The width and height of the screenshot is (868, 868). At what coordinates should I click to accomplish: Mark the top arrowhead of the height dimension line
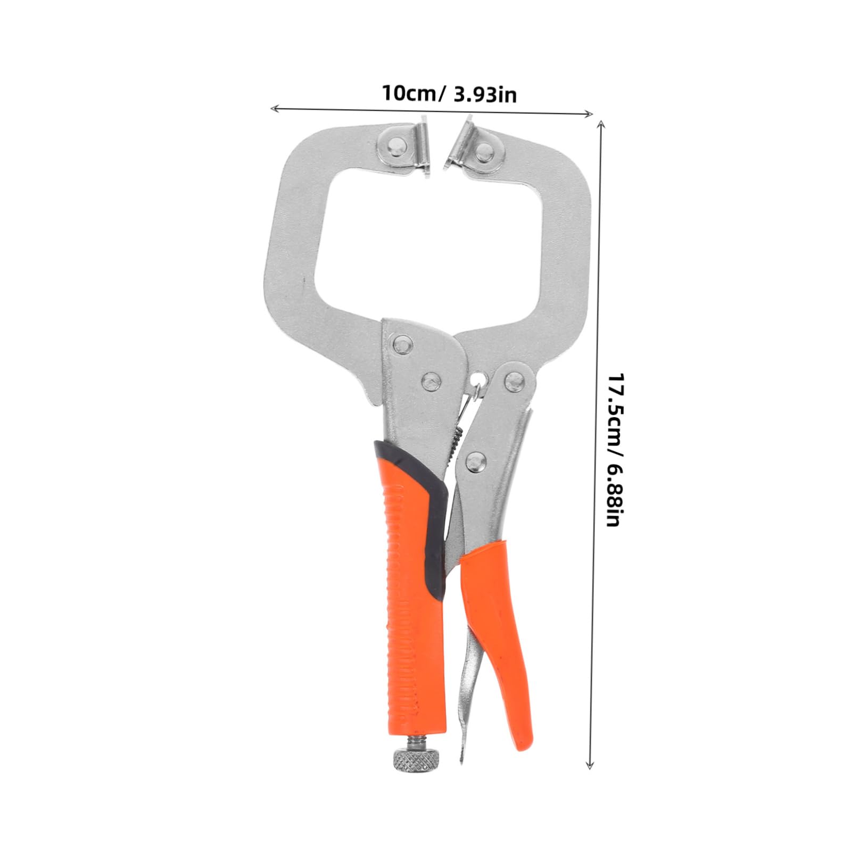tap(601, 123)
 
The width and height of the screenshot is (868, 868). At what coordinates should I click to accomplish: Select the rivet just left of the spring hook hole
tap(431, 381)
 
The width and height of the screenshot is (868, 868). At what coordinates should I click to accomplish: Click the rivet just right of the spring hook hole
tap(515, 378)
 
